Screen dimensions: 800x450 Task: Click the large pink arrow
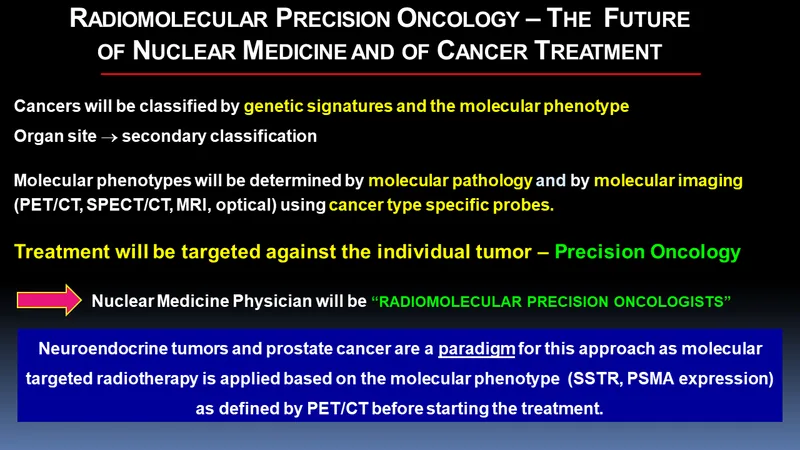[x=49, y=300]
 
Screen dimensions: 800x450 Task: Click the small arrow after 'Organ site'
[x=109, y=137]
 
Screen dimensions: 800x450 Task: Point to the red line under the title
[x=401, y=74]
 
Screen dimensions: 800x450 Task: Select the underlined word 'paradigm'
[x=477, y=349]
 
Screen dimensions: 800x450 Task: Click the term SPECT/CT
[x=129, y=205]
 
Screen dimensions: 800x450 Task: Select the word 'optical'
[x=244, y=205]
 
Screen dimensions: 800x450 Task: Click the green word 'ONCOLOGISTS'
[x=672, y=302]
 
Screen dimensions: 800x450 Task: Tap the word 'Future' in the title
[x=646, y=19]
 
